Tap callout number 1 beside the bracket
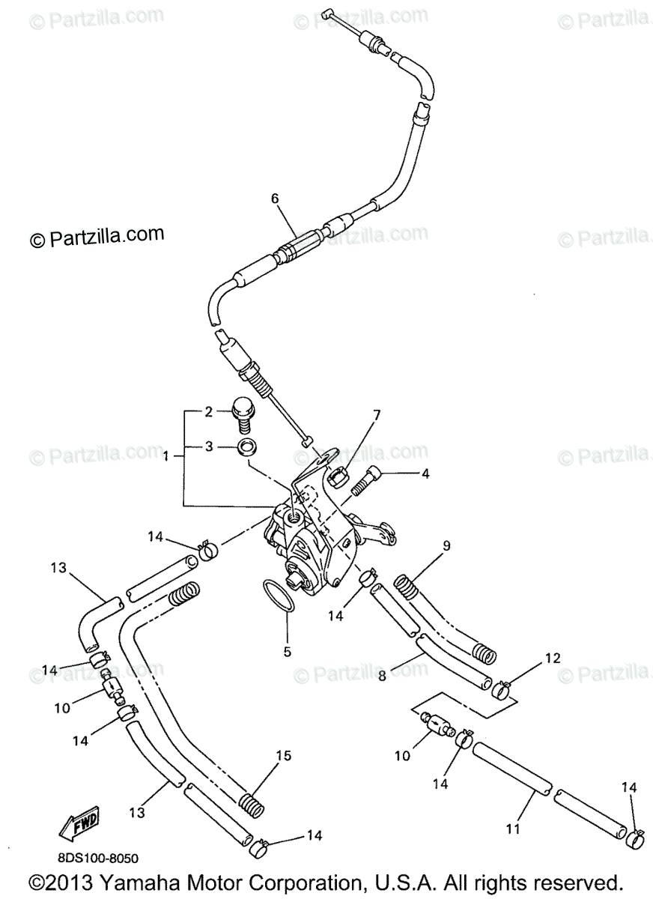click(165, 455)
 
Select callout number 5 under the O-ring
click(287, 652)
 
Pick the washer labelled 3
click(245, 448)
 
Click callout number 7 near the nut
click(377, 414)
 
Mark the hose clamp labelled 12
click(504, 685)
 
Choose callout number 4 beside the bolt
click(425, 473)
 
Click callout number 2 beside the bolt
click(210, 411)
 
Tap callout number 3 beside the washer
click(210, 447)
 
